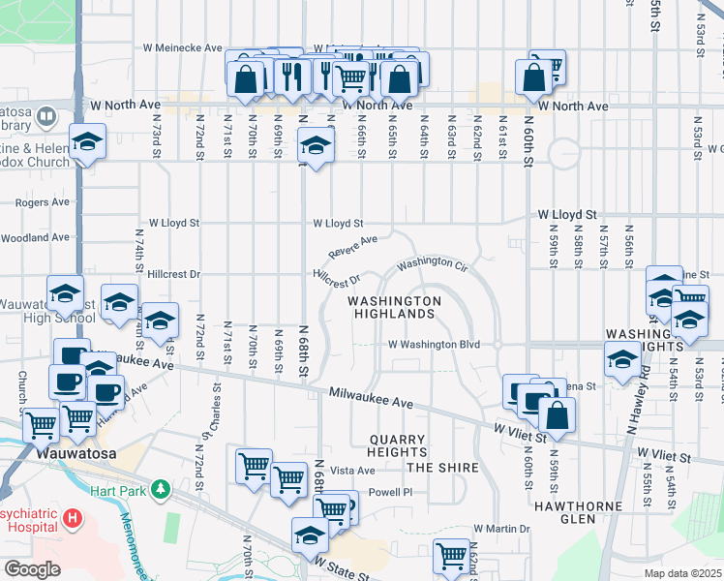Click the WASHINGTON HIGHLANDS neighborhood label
[x=394, y=307]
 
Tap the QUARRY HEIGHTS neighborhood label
[x=398, y=445]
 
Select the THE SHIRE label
[x=442, y=468]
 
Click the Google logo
[x=32, y=568]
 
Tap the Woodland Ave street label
[x=36, y=237]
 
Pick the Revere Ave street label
[x=352, y=247]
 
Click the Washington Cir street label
[x=432, y=262]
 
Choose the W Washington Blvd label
[x=435, y=344]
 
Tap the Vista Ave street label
[x=352, y=471]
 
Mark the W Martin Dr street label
[x=502, y=529]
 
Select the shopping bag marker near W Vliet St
[x=558, y=414]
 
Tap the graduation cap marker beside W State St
[x=310, y=535]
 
